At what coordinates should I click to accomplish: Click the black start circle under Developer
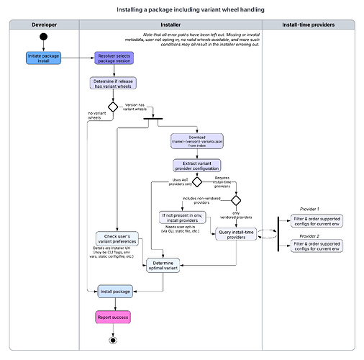click(x=44, y=37)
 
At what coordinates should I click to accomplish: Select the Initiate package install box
click(x=44, y=57)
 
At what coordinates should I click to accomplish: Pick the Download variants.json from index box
click(x=196, y=140)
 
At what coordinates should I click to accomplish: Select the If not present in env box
click(x=182, y=217)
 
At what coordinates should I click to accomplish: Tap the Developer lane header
click(x=44, y=25)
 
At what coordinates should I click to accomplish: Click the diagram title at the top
click(x=182, y=10)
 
